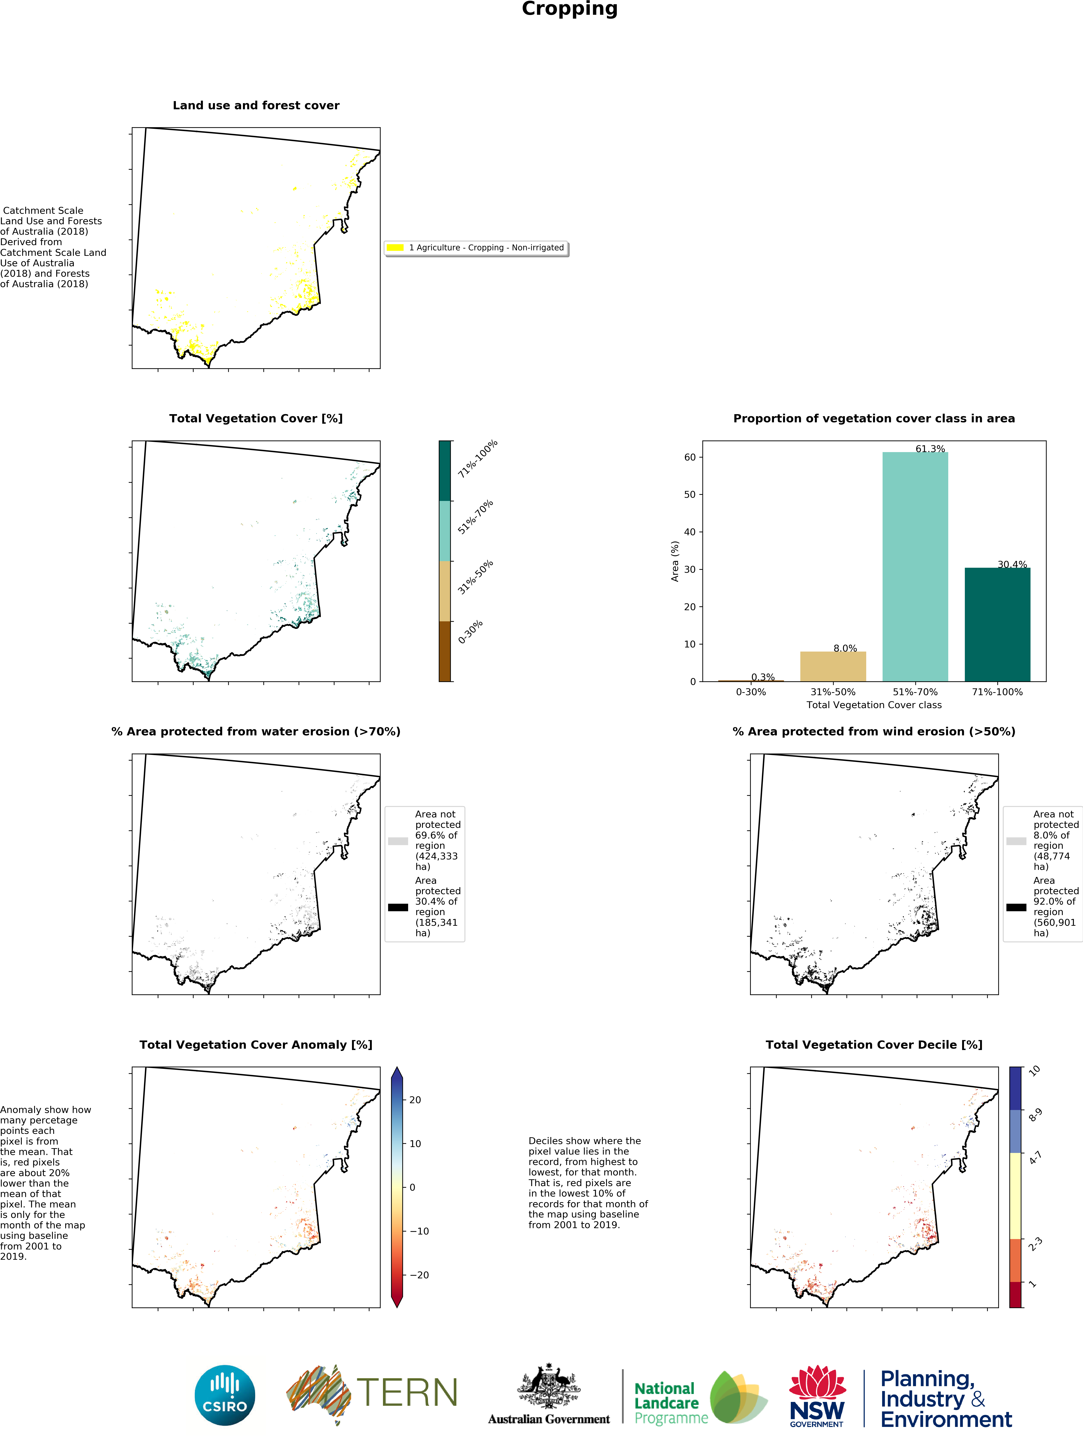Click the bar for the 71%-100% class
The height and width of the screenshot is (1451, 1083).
pyautogui.click(x=997, y=625)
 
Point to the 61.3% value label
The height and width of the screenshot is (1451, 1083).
pyautogui.click(x=930, y=449)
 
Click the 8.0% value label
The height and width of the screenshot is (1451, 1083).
pyautogui.click(x=845, y=648)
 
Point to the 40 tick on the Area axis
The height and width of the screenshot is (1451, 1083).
pyautogui.click(x=690, y=532)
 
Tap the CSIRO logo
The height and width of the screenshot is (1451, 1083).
pyautogui.click(x=225, y=1395)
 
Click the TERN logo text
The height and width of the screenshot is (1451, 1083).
pyautogui.click(x=407, y=1393)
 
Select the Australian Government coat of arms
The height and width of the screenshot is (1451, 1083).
pyautogui.click(x=549, y=1386)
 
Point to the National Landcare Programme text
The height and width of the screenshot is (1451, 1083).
pyautogui.click(x=671, y=1403)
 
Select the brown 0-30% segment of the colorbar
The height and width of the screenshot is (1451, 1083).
pyautogui.click(x=444, y=652)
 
